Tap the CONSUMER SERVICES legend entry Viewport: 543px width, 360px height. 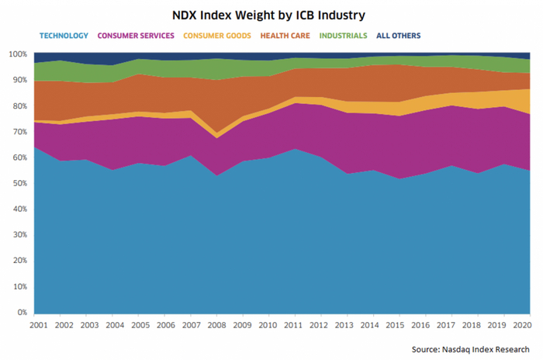click(x=136, y=36)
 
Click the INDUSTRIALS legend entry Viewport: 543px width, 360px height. click(x=343, y=36)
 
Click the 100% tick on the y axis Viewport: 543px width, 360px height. click(x=18, y=54)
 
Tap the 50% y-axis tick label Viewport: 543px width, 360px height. click(x=19, y=183)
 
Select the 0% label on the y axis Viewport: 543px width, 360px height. click(x=22, y=312)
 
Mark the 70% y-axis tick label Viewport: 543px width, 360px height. click(x=19, y=132)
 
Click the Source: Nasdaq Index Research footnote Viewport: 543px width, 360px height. click(x=472, y=349)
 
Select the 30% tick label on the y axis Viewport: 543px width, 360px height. click(x=19, y=235)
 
